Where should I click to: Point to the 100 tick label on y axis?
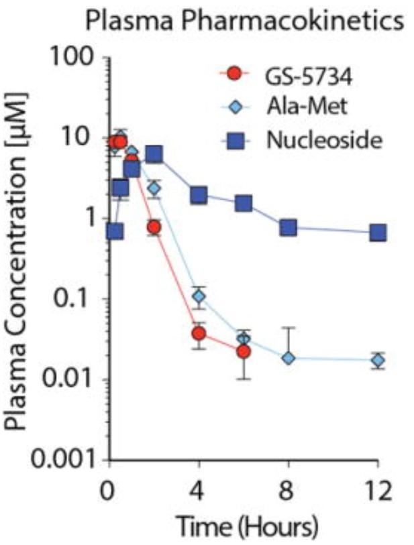[x=73, y=59]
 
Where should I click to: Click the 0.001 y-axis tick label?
[x=55, y=461]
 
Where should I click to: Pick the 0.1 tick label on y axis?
[x=74, y=300]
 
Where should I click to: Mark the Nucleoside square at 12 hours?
[x=378, y=233]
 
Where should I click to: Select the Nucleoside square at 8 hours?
[x=289, y=228]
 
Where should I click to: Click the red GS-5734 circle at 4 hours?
[x=199, y=333]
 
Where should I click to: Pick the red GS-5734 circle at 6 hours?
[x=244, y=351]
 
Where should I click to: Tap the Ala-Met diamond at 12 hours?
[x=378, y=360]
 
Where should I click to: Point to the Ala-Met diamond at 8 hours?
[x=289, y=358]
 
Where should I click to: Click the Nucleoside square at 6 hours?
[x=244, y=203]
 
